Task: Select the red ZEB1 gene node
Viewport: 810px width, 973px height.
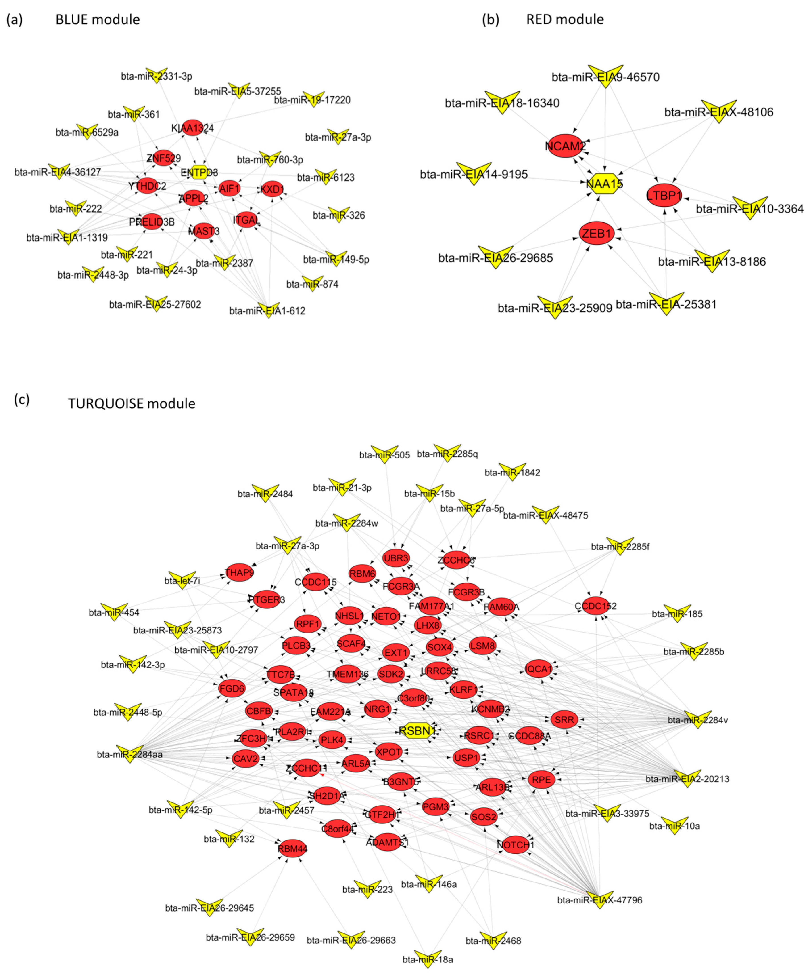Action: (597, 234)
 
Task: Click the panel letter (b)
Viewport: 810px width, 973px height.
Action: (491, 19)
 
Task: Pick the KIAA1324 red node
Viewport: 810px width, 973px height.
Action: (192, 128)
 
